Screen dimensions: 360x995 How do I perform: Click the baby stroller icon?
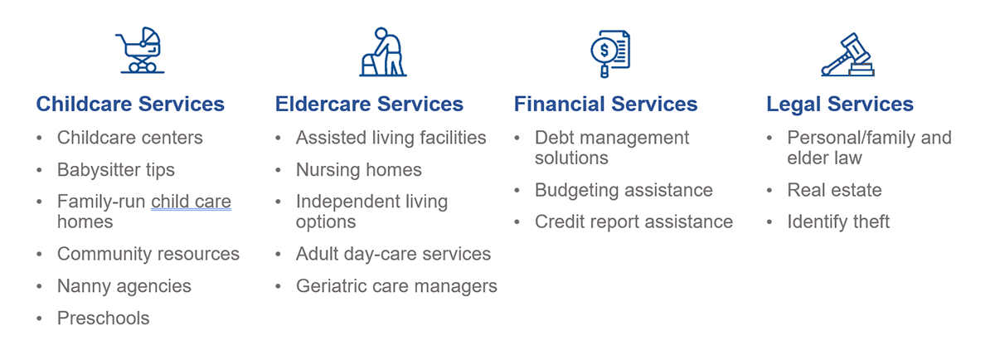tap(142, 51)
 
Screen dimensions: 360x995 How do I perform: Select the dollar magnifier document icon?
tap(609, 52)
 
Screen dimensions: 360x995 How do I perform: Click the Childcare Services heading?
tap(130, 105)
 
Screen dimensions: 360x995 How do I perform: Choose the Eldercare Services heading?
tap(369, 105)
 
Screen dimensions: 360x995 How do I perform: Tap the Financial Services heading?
tap(605, 105)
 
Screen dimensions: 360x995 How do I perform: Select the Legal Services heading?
tap(839, 105)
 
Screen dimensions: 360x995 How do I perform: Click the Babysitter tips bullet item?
tap(115, 170)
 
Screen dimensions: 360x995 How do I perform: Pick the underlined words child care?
tap(191, 202)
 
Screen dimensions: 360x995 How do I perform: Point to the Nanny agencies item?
tap(124, 286)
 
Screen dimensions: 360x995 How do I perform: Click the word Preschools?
tap(103, 319)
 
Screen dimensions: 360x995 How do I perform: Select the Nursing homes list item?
tap(358, 170)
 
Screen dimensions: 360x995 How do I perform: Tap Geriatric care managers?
tap(396, 286)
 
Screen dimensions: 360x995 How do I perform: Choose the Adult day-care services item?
tap(393, 254)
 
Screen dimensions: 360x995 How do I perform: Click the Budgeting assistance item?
tap(624, 190)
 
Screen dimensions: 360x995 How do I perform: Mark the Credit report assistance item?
tap(633, 222)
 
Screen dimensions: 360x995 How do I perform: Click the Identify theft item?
tap(838, 222)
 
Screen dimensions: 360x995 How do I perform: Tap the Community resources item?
tap(148, 254)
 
